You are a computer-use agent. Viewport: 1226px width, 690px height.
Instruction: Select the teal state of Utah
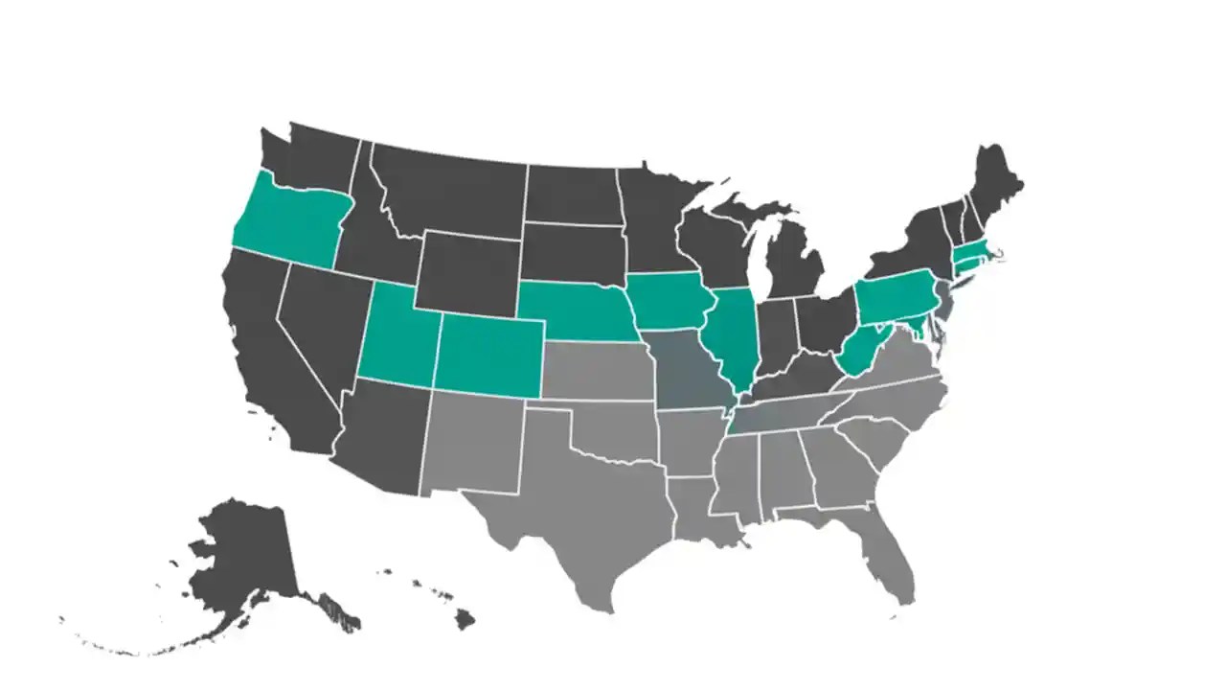[x=397, y=335]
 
